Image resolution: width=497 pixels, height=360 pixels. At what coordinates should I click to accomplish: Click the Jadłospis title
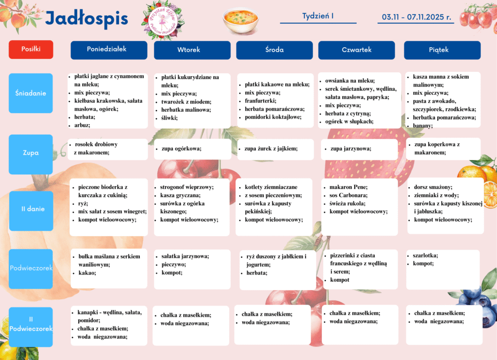(86, 19)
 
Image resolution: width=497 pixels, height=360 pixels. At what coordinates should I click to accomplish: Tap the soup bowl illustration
(240, 20)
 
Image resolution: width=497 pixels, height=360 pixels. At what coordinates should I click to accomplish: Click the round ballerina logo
(163, 19)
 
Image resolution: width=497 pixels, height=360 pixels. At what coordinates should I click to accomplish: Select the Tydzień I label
(318, 16)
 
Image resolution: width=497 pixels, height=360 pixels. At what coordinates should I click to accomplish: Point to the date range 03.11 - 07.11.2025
(416, 17)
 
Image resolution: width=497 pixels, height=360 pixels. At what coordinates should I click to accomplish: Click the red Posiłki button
(31, 49)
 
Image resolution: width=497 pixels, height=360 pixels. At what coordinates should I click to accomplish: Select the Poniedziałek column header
(109, 50)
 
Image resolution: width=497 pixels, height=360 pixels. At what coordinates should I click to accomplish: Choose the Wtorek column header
(192, 50)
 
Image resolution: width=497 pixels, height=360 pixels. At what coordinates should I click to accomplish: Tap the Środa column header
(274, 50)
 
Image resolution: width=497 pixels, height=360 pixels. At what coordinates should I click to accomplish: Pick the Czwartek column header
(356, 50)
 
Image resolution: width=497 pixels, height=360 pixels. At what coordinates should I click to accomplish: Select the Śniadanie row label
(31, 93)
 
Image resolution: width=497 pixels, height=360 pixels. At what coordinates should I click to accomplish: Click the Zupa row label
(31, 153)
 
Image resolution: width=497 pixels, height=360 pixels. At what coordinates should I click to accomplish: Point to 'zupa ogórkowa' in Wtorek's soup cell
(181, 149)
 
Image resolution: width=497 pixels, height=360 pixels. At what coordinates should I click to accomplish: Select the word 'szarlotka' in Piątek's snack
(425, 256)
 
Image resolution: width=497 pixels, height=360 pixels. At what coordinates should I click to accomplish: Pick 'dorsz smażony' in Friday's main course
(433, 187)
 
